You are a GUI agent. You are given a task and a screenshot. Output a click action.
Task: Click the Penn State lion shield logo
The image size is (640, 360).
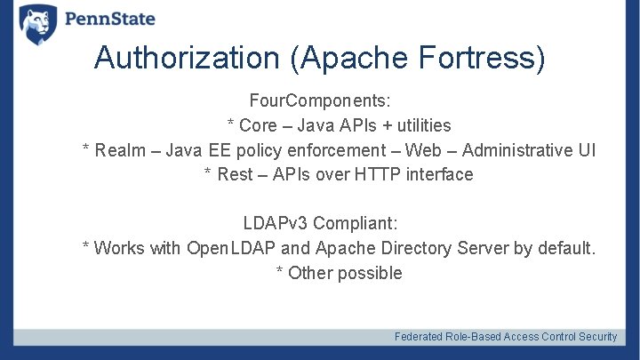[38, 24]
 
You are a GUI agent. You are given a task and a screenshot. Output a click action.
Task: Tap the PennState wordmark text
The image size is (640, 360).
[110, 19]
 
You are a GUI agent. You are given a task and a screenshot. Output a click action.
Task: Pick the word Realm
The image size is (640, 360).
[122, 150]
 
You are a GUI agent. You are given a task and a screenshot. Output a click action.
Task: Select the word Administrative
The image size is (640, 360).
[517, 150]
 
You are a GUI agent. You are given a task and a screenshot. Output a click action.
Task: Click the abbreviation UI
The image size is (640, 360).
[587, 150]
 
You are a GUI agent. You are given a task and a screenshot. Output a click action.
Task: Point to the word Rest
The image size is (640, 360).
[235, 174]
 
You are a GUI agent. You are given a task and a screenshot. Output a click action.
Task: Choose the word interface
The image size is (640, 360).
[439, 174]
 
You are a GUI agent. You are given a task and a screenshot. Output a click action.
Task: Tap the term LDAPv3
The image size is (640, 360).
[276, 223]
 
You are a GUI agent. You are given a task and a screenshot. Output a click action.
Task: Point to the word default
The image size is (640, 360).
[566, 248]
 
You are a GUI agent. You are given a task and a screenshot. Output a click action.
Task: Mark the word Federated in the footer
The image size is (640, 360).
[420, 337]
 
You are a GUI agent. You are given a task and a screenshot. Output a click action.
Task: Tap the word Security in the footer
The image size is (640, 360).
[597, 337]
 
